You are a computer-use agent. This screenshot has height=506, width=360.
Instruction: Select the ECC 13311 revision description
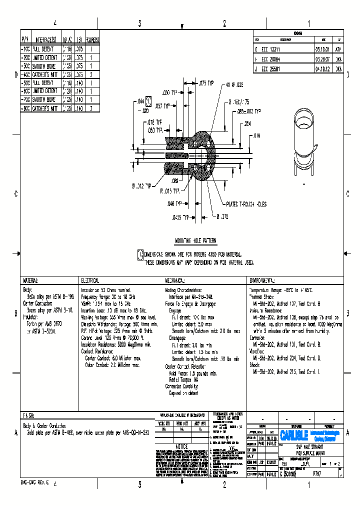271,49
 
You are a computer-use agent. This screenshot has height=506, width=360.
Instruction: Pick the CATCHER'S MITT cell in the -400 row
45,74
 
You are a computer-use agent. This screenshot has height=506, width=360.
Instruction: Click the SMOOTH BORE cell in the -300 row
44,66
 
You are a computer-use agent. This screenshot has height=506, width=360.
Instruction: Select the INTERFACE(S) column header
45,39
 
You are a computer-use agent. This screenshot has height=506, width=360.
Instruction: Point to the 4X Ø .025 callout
234,85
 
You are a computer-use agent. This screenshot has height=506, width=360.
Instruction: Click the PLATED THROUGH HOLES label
245,204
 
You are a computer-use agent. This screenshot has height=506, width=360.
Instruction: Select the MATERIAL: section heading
30,281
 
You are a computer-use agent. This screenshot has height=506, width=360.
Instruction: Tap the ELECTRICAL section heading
90,281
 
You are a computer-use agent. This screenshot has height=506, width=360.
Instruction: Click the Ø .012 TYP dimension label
144,186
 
